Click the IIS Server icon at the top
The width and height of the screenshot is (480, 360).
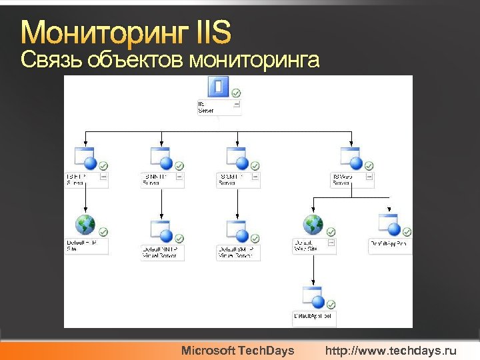tap(219, 87)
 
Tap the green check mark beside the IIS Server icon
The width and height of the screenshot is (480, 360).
tap(236, 93)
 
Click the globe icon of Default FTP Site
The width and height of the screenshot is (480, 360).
tap(85, 225)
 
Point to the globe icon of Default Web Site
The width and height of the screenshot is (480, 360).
tap(313, 225)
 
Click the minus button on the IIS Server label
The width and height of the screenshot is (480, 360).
tap(237, 105)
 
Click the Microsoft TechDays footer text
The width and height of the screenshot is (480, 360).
tap(238, 350)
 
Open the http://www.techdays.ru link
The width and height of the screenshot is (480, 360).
tap(391, 350)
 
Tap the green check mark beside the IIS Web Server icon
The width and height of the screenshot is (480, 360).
tap(369, 165)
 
